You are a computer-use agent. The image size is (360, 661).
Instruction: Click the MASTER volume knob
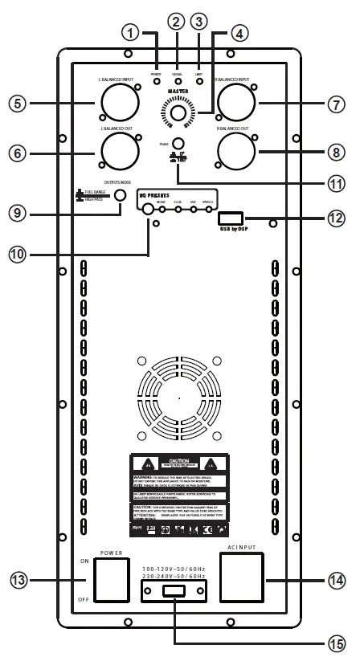click(178, 115)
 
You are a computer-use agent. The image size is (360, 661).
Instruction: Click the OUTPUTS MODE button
click(121, 195)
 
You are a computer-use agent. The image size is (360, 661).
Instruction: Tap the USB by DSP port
click(231, 218)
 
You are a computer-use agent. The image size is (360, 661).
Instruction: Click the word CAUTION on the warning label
click(178, 461)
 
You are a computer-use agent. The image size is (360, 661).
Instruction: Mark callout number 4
click(236, 34)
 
